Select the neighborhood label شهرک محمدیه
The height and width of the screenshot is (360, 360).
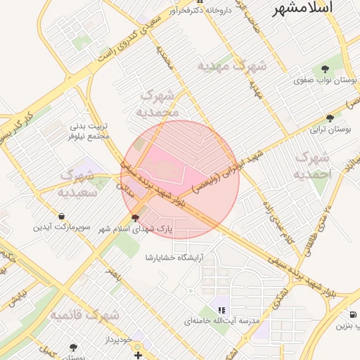(x=160, y=103)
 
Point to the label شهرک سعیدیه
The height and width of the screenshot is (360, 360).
(x=78, y=183)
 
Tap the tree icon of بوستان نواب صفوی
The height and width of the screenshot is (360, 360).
(x=324, y=69)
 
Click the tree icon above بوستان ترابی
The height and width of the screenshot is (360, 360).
(x=330, y=118)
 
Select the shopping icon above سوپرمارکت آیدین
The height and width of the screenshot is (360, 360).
(x=62, y=216)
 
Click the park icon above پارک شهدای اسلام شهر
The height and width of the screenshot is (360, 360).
(x=135, y=218)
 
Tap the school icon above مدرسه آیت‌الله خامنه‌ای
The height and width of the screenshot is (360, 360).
(x=221, y=309)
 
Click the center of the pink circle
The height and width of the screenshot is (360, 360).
(x=180, y=180)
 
